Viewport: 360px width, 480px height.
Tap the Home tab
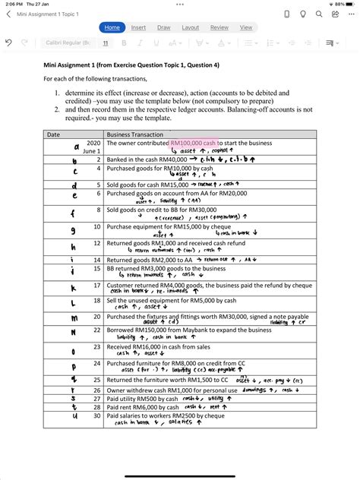[x=112, y=27]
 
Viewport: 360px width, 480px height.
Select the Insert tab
[x=138, y=27]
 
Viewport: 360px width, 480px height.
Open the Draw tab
[x=163, y=27]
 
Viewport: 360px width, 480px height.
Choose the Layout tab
[x=191, y=27]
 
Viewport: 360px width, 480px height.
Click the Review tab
[x=219, y=27]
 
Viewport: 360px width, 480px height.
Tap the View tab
[x=246, y=27]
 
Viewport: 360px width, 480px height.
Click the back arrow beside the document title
[x=8, y=14]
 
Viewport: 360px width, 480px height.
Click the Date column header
[x=54, y=134]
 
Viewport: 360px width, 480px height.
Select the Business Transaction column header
[x=136, y=134]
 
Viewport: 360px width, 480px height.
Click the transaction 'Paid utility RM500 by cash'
[x=142, y=398]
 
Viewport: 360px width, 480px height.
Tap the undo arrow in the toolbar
[x=8, y=43]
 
